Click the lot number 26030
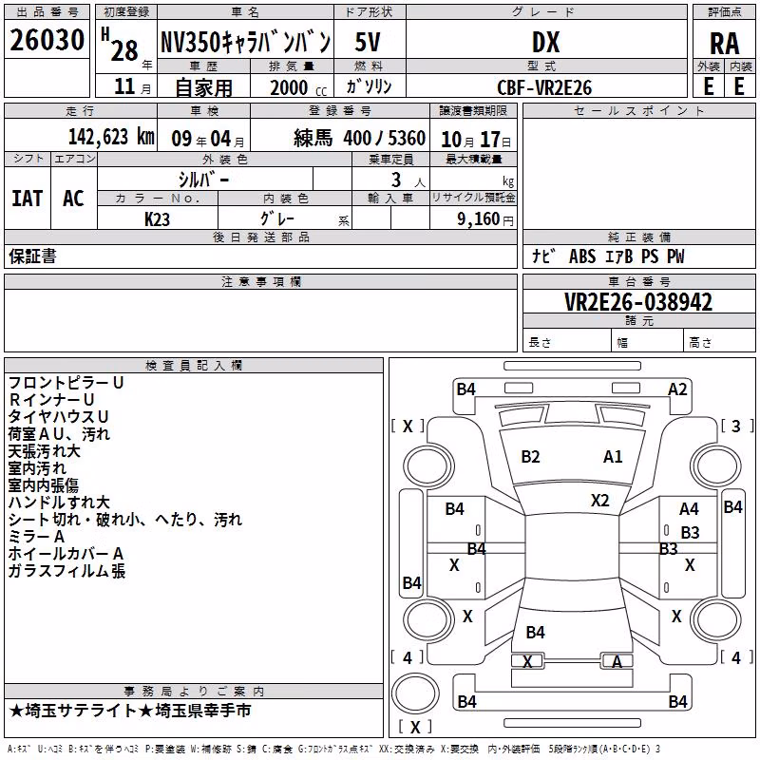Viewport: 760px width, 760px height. click(x=47, y=40)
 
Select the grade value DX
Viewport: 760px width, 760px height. click(x=545, y=42)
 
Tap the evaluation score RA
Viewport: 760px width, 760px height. click(x=725, y=44)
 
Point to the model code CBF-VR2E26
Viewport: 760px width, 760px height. click(x=544, y=87)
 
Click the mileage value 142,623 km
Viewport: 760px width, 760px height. click(x=111, y=137)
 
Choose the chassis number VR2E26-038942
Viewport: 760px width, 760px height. click(x=638, y=302)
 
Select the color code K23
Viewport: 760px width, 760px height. click(x=157, y=219)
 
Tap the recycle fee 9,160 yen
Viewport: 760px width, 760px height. click(x=484, y=219)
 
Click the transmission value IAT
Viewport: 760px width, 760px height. click(x=28, y=199)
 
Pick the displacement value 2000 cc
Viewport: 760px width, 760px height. click(x=298, y=87)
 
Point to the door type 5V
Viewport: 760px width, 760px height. click(x=368, y=42)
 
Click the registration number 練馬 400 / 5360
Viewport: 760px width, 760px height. click(x=359, y=139)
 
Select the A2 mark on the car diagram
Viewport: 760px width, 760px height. click(x=677, y=389)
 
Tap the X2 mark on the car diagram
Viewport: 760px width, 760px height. click(x=599, y=501)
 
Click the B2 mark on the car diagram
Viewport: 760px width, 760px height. click(x=530, y=457)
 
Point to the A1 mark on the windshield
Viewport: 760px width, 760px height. click(x=613, y=457)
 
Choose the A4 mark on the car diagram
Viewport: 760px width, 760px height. click(x=689, y=509)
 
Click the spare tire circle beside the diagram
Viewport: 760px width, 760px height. click(x=415, y=693)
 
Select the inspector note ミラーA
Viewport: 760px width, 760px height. click(x=36, y=537)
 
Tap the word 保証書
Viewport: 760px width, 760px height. click(x=32, y=256)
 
